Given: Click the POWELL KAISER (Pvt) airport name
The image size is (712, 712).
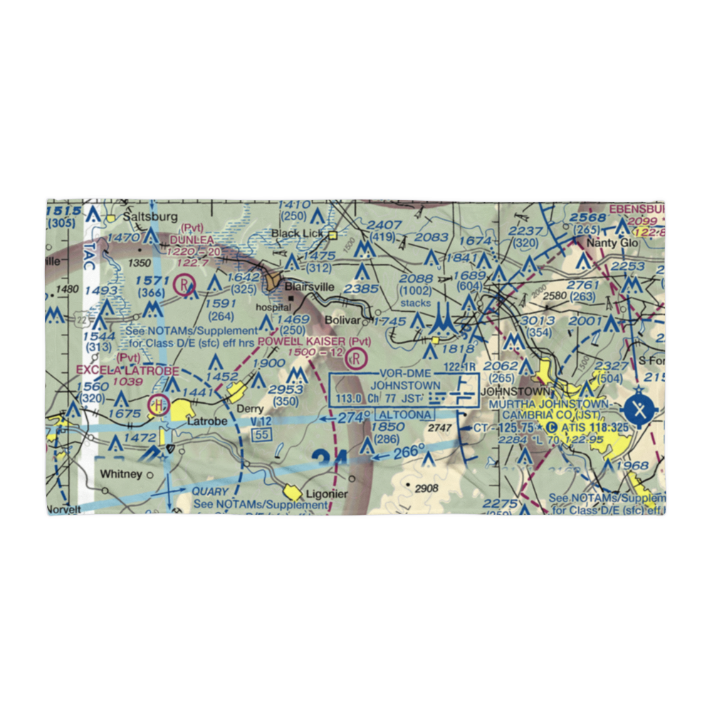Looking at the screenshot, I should coord(314,342).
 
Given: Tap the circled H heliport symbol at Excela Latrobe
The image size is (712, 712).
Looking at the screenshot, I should coord(158,406).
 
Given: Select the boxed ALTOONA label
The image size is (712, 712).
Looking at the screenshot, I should coord(405,414).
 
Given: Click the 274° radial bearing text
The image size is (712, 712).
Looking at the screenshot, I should coord(355,417).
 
